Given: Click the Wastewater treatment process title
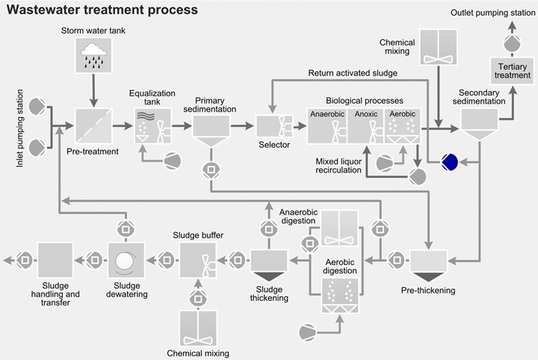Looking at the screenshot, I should pyautogui.click(x=102, y=10).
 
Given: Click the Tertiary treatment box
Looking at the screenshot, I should pyautogui.click(x=513, y=71).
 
